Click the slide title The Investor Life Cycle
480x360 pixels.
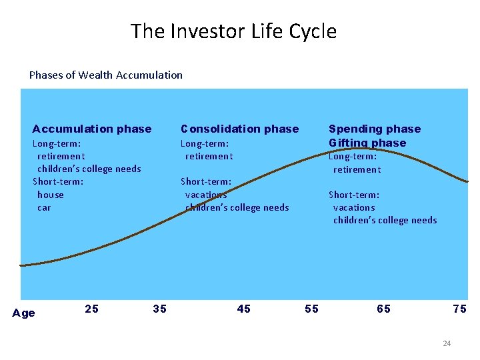tap(233, 31)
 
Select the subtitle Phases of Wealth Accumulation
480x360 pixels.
tap(105, 75)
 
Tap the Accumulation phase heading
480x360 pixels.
tap(92, 129)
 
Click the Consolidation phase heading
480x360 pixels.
tap(240, 129)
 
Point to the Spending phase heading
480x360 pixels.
tap(375, 129)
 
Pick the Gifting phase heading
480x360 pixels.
tap(367, 143)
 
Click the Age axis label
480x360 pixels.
tap(24, 313)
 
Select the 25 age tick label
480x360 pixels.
tap(92, 309)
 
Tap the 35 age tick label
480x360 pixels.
tap(160, 309)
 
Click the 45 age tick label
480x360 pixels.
tap(244, 309)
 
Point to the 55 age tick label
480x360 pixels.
tap(311, 309)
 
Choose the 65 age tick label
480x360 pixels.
tap(384, 309)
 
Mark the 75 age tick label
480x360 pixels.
tap(459, 309)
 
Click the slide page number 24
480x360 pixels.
tap(447, 343)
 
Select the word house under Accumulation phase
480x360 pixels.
tap(51, 195)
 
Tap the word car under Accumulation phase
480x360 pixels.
tap(44, 207)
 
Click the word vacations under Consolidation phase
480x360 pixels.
tap(206, 195)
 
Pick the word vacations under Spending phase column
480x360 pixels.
tap(354, 207)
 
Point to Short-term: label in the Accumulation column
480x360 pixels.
tap(58, 181)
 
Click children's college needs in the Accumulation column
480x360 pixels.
tap(89, 169)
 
